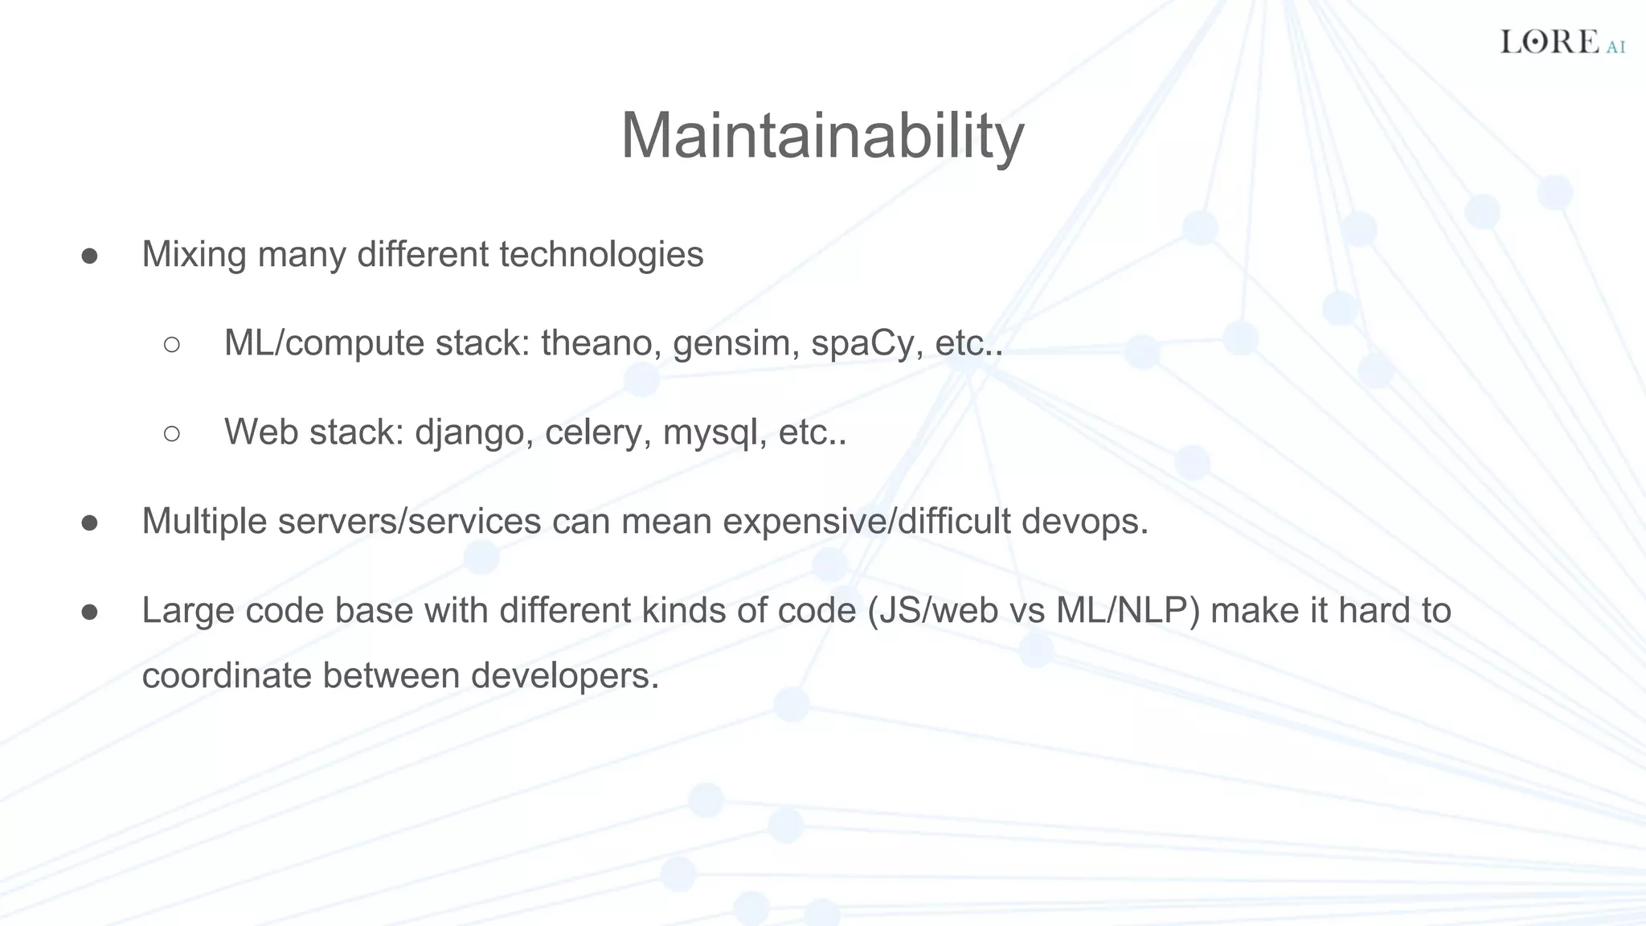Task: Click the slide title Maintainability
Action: click(x=822, y=136)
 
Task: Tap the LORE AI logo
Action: click(x=1562, y=42)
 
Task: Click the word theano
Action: click(x=601, y=343)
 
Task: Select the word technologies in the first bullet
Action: click(x=601, y=255)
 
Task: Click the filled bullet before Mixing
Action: click(x=89, y=256)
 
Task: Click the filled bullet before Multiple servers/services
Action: click(x=89, y=522)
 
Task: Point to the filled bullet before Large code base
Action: click(x=89, y=612)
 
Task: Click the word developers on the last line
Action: click(x=564, y=675)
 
